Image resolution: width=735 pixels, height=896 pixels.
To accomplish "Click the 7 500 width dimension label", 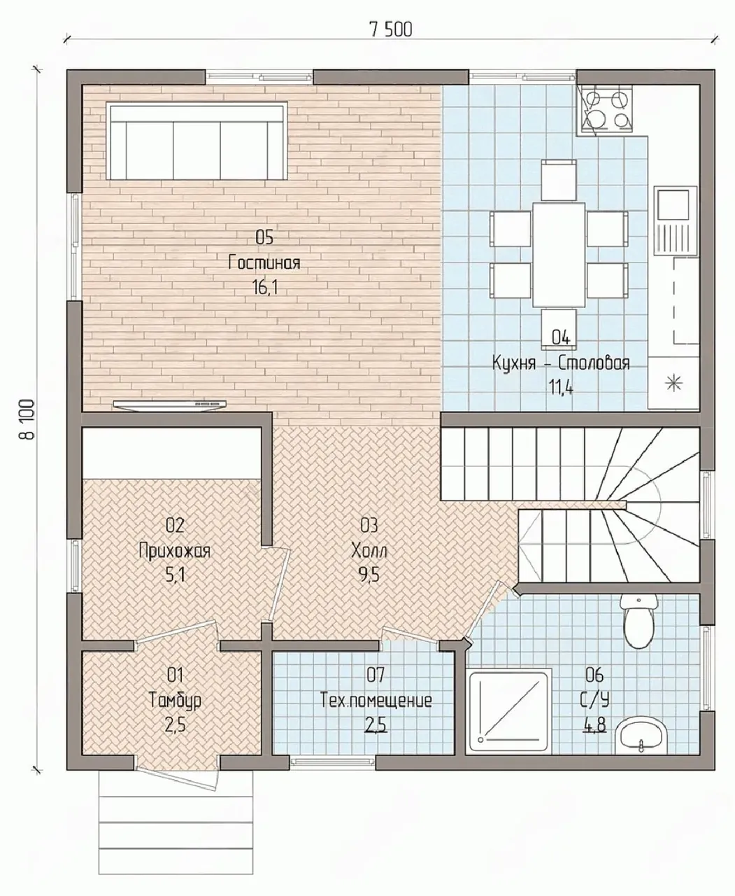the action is (391, 29).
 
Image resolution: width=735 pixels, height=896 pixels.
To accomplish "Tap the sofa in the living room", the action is (197, 141).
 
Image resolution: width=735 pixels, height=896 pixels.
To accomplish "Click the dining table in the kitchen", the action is (559, 255).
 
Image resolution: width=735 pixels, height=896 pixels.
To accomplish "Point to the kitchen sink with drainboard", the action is (676, 220).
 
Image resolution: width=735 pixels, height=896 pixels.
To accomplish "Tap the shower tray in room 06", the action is (510, 710).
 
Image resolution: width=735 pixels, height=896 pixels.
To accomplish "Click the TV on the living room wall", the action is (170, 405).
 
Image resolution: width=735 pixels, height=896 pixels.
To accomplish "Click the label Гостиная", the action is (264, 263).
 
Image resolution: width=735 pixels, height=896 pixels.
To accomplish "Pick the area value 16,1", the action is (265, 288).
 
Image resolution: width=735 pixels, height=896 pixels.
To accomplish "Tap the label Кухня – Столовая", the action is (561, 364).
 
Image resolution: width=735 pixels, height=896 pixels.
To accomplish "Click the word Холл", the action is (369, 552).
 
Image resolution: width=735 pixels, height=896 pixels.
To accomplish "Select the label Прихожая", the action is (174, 552).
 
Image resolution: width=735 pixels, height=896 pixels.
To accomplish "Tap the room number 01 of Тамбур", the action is (175, 675).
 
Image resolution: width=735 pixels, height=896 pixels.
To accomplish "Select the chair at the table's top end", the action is (559, 180).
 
